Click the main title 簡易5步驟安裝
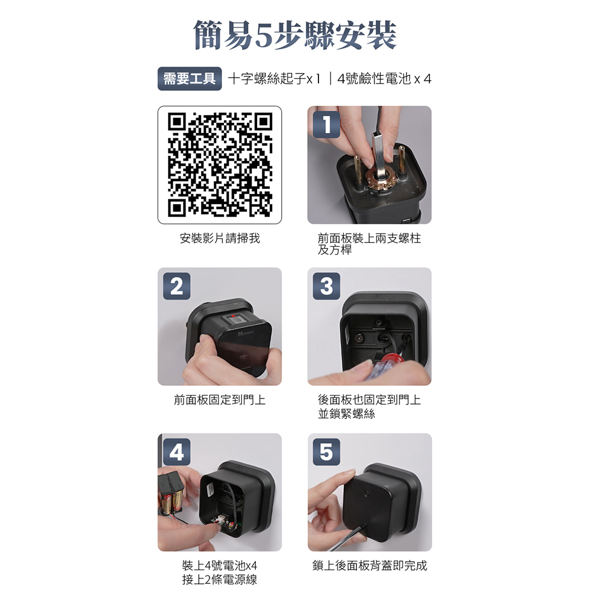click(295, 35)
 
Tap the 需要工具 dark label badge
click(190, 79)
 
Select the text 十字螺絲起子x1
click(274, 79)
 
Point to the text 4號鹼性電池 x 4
click(384, 79)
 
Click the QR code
click(220, 165)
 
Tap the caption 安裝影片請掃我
click(220, 238)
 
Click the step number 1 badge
click(326, 125)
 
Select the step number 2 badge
click(176, 286)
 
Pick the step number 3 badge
click(326, 286)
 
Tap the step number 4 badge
click(176, 452)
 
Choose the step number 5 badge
click(326, 452)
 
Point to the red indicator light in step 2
click(232, 316)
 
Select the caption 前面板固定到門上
click(220, 400)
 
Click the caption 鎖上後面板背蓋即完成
click(370, 565)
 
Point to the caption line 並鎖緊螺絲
click(346, 414)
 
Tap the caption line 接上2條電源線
click(220, 579)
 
